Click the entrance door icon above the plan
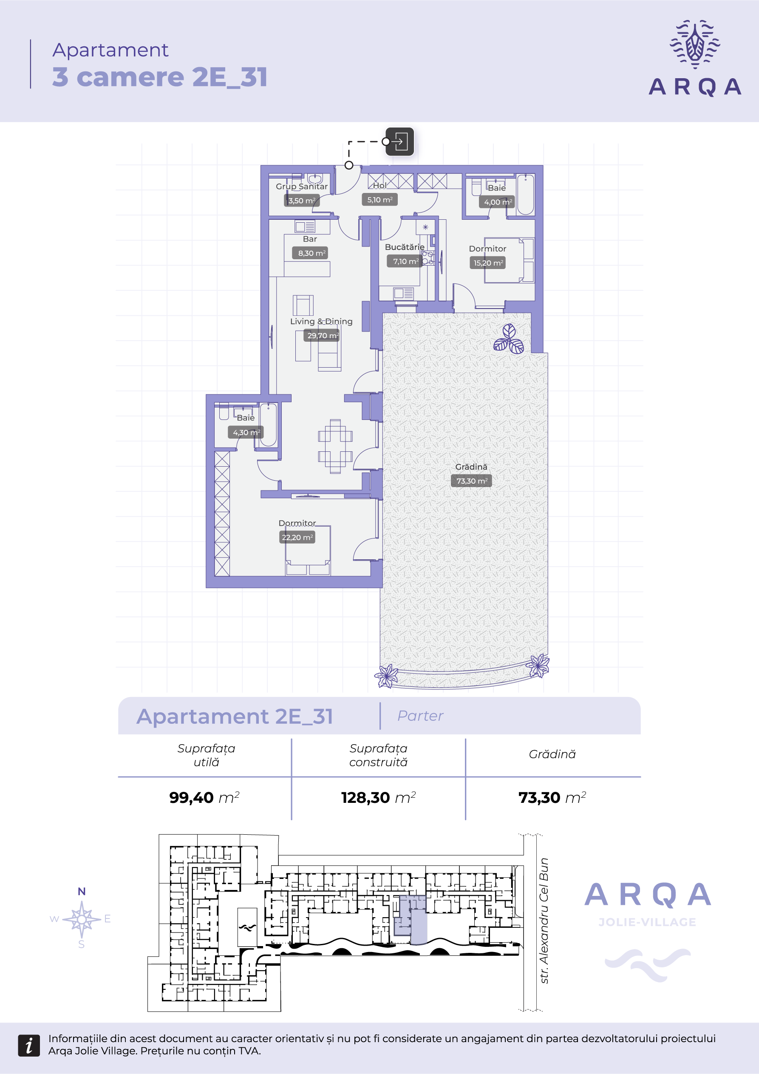pos(399,141)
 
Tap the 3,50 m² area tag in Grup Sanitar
pos(302,201)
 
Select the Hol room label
pos(380,186)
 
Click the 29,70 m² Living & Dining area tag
pos(322,335)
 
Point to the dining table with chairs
pos(335,446)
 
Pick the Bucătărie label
pos(405,247)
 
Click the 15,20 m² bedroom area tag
pos(488,263)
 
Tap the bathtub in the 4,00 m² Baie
pos(526,195)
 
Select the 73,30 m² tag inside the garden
pos(471,481)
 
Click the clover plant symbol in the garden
pos(509,339)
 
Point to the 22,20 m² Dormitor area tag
pos(297,538)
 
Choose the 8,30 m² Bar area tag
pos(312,253)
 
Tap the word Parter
pos(420,716)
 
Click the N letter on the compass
pos(82,892)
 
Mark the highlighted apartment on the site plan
pos(411,920)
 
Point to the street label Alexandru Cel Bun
pos(544,921)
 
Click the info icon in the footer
pos(29,1046)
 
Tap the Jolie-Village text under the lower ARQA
pos(647,922)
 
